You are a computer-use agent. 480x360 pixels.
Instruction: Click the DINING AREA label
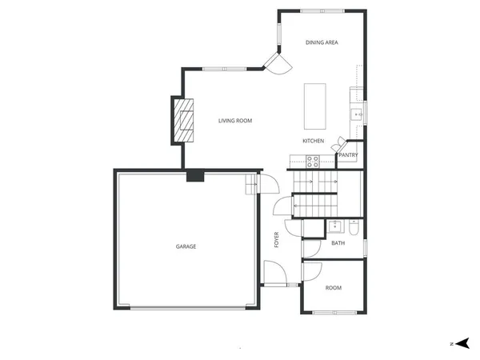pos(321,42)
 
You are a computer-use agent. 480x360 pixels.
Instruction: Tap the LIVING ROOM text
pos(235,121)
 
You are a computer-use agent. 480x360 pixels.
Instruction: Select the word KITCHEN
pos(313,141)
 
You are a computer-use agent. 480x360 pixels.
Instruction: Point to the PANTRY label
pos(348,155)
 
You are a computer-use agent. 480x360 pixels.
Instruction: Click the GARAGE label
pos(186,246)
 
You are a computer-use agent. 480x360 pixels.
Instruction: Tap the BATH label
pos(338,242)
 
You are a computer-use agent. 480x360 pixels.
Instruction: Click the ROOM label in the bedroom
pos(333,286)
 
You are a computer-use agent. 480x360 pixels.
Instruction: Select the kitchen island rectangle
pos(315,106)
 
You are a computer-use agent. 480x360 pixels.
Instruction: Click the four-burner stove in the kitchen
pos(313,159)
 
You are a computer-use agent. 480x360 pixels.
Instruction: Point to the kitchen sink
pos(358,114)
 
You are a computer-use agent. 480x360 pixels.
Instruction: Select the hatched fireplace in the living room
pos(186,120)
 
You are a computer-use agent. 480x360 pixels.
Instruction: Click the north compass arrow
pos(462,342)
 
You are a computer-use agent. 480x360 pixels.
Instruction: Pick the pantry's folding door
pos(338,145)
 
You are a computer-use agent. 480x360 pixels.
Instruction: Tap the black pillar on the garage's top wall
pos(194,175)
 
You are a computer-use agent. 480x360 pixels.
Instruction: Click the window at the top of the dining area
pos(322,10)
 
